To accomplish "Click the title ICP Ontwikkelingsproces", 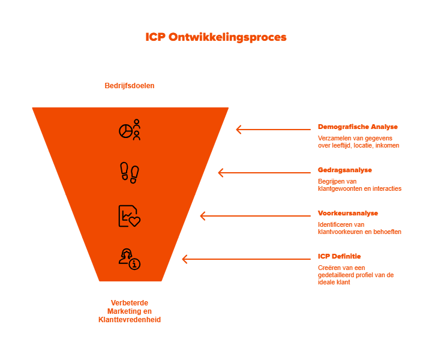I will click(x=216, y=37).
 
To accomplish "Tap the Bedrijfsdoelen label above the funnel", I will click(x=130, y=86).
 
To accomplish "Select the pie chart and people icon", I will click(x=130, y=130).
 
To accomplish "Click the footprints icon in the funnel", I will click(x=130, y=172).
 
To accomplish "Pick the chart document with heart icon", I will click(x=130, y=216).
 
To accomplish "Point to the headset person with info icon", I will click(x=130, y=259).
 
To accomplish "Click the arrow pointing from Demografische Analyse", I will click(x=273, y=129).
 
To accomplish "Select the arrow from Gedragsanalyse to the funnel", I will click(x=264, y=173).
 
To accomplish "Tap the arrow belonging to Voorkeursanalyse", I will click(x=255, y=216).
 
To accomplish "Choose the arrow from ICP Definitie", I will click(x=246, y=259).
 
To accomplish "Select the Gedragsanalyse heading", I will click(x=344, y=170).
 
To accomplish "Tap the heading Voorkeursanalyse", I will click(x=348, y=214).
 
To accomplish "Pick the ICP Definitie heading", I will click(x=339, y=256).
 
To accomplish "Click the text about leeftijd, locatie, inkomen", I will click(x=358, y=142).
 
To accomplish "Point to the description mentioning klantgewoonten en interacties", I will click(x=359, y=185).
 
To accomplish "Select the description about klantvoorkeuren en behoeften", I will click(x=359, y=228).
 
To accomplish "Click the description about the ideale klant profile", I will click(x=356, y=274).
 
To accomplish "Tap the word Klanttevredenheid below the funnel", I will click(x=130, y=320).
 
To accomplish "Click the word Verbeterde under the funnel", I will click(x=130, y=302).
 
